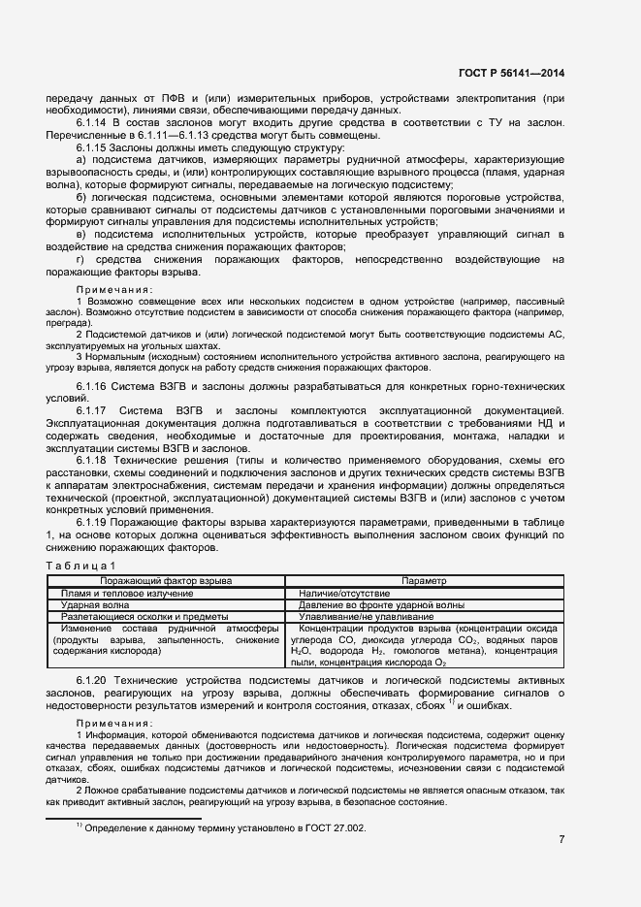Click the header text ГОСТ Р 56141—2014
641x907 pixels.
[x=511, y=73]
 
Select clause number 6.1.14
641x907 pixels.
[x=94, y=124]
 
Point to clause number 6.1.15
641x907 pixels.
[x=94, y=146]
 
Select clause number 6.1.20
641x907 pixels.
[x=94, y=683]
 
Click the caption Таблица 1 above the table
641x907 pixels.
[x=81, y=565]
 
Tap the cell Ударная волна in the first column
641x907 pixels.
[x=95, y=603]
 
